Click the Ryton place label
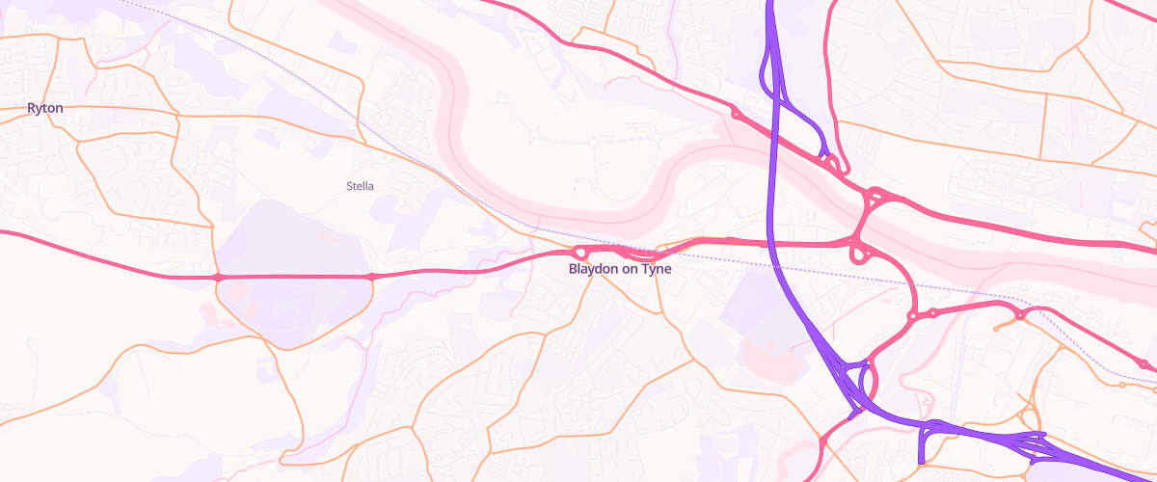tap(45, 108)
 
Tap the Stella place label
tap(360, 185)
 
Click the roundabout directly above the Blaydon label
tap(580, 254)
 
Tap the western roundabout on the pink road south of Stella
tap(218, 278)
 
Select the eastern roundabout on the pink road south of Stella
tap(371, 278)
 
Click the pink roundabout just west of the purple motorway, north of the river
tap(736, 115)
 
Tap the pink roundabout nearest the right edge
tap(1143, 364)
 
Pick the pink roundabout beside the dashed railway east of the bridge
tap(1020, 314)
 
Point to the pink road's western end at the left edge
tap(4, 232)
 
